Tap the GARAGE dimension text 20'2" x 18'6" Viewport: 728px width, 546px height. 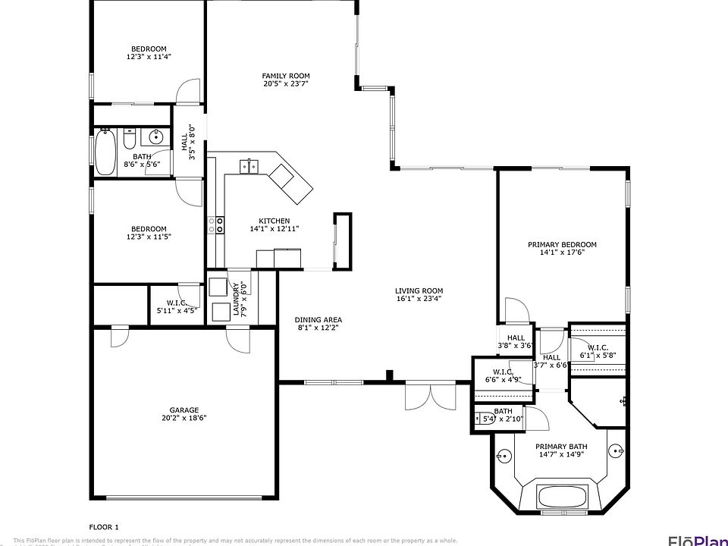pyautogui.click(x=184, y=418)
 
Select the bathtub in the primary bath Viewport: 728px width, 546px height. pyautogui.click(x=562, y=498)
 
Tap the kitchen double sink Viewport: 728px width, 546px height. pyautogui.click(x=249, y=166)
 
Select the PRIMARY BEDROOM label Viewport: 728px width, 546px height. pyautogui.click(x=562, y=244)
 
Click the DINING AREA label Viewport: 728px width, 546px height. pyautogui.click(x=318, y=319)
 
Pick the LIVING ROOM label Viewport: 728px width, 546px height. pyautogui.click(x=419, y=290)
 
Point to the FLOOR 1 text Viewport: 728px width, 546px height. pyautogui.click(x=104, y=526)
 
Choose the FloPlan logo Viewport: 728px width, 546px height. pyautogui.click(x=696, y=539)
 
